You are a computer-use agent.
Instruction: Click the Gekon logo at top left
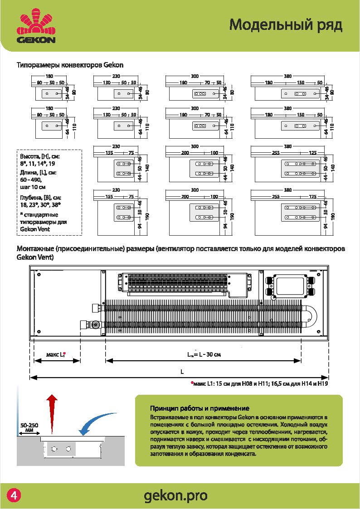coord(36,28)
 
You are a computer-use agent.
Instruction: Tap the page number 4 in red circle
coord(14,495)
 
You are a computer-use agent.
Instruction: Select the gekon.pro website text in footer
coord(175,496)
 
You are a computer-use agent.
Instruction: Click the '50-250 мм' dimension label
coord(29,428)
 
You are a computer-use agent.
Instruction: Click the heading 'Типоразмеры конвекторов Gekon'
coord(70,65)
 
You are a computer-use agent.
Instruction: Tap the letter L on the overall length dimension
coord(181,372)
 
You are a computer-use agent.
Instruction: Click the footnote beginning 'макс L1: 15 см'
coord(259,383)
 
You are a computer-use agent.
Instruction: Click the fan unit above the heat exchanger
coord(184,284)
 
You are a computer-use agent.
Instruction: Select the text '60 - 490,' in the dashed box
coord(30,180)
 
